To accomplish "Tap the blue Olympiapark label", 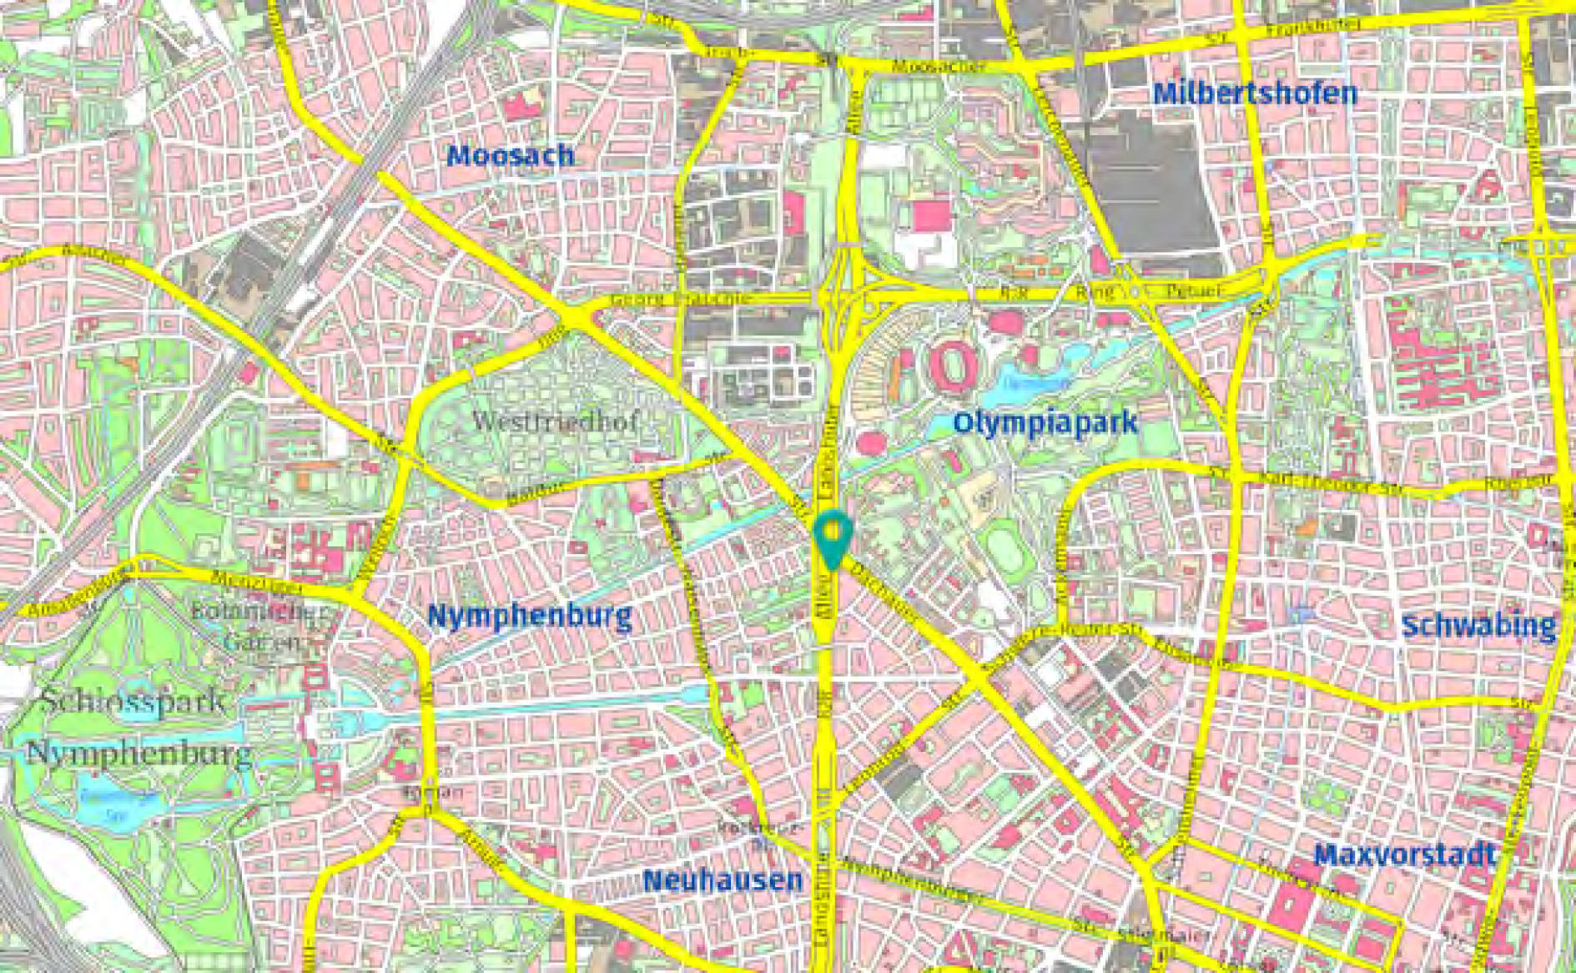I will click(x=1045, y=422).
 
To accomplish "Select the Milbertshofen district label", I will click(x=1254, y=93).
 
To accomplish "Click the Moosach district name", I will click(x=511, y=155).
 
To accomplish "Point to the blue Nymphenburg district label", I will click(x=529, y=617).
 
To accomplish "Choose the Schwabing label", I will click(x=1478, y=626).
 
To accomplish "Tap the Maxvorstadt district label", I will click(x=1404, y=855).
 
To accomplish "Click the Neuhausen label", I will click(x=723, y=880).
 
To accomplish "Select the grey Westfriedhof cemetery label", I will click(x=555, y=421).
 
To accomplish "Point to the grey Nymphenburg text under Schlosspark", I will click(x=139, y=754).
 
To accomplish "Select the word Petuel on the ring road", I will click(x=1195, y=291).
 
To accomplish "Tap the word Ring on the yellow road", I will click(x=1094, y=291).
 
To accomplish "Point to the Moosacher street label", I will click(x=938, y=67).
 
